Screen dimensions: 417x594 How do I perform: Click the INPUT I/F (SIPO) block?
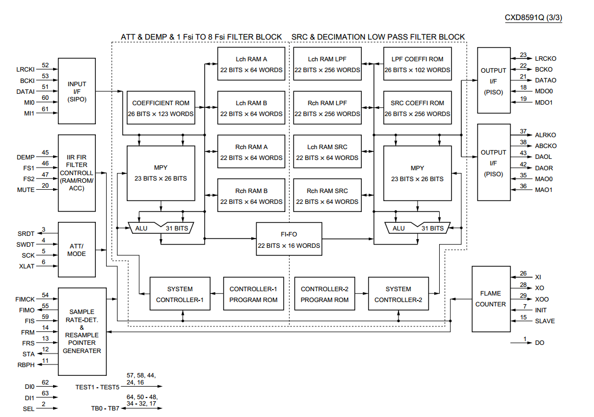pyautogui.click(x=76, y=92)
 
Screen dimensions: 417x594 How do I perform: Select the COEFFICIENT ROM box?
pyautogui.click(x=160, y=108)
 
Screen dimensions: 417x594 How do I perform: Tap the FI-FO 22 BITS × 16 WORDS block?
pyautogui.click(x=289, y=240)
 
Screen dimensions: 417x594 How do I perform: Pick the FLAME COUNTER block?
pyautogui.click(x=491, y=299)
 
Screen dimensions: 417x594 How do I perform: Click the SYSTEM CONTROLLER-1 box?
pyautogui.click(x=180, y=294)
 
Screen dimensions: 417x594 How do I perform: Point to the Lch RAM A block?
pyautogui.click(x=251, y=64)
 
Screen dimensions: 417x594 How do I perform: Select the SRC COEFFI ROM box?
pyautogui.click(x=417, y=108)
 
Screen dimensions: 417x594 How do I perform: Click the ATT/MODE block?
pyautogui.click(x=76, y=249)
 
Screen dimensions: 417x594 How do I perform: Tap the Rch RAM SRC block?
pyautogui.click(x=327, y=196)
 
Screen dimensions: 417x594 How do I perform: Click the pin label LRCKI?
pyautogui.click(x=25, y=69)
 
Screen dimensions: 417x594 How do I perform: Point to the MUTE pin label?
pyautogui.click(x=25, y=190)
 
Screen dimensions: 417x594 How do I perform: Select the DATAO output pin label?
pyautogui.click(x=545, y=80)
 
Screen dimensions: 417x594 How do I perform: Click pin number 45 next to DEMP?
pyautogui.click(x=45, y=153)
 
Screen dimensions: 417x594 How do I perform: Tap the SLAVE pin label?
pyautogui.click(x=545, y=321)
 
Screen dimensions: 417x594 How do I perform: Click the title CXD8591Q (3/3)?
pyautogui.click(x=533, y=17)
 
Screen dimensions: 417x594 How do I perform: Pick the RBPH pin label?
pyautogui.click(x=26, y=365)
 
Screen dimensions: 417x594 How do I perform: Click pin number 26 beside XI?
pyautogui.click(x=523, y=273)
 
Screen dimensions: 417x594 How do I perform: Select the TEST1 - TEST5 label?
pyautogui.click(x=97, y=387)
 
